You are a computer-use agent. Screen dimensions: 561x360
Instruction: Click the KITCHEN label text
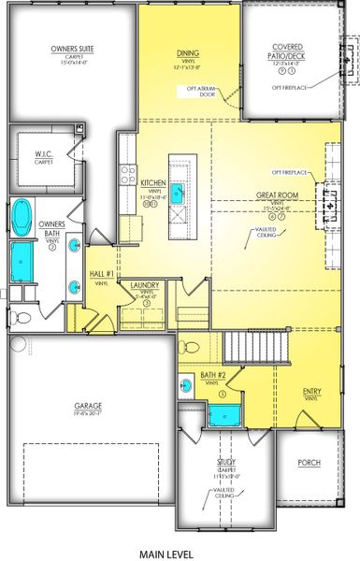[152, 183]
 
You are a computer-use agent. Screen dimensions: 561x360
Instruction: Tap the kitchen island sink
[177, 194]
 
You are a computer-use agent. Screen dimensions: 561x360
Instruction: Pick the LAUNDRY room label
[145, 285]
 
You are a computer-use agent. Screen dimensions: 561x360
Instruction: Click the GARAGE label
[89, 406]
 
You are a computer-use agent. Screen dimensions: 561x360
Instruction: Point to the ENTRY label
[312, 392]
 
